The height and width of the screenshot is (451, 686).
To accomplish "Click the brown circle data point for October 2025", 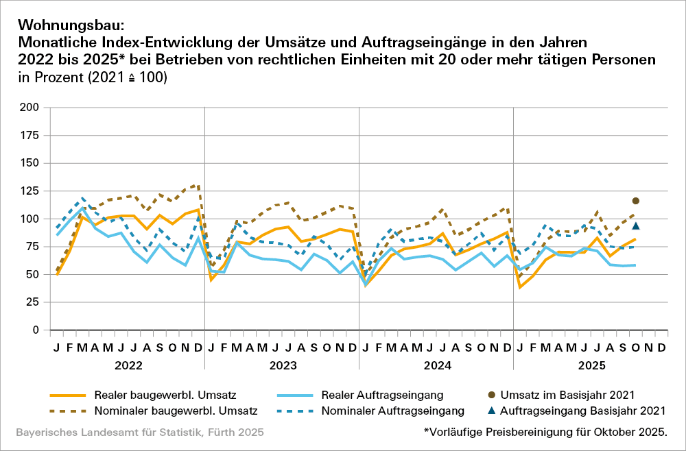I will coord(636,201).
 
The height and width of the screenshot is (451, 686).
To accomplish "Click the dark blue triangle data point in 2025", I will coord(636,225).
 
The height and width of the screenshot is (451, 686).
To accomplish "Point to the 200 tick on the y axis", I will coord(30,108).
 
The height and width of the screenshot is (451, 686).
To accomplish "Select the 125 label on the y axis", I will coord(30,191).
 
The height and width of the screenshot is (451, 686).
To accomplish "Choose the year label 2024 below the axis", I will coord(437,366).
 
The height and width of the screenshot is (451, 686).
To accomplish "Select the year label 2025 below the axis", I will coord(592,366).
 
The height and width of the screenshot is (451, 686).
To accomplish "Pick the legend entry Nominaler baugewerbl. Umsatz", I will coord(176,411).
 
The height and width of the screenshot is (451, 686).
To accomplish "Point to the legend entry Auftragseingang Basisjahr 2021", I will coord(583,411).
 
